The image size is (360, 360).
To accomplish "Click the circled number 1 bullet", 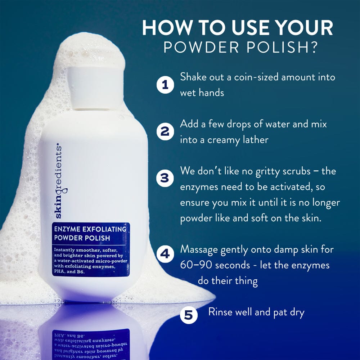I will pos(165,85).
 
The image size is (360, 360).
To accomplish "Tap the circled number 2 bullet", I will pos(165,131).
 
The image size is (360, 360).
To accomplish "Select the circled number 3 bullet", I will pos(165,178).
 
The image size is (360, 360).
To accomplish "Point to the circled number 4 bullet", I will pos(165,254).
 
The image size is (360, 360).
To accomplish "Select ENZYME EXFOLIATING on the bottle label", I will pos(90,229).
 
